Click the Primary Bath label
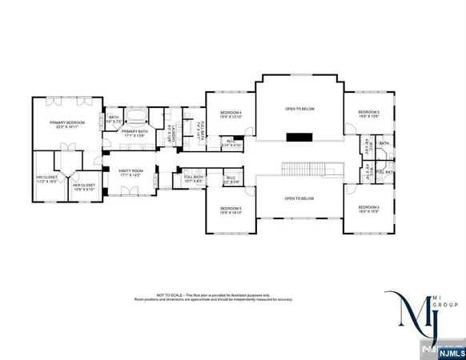pos(135,133)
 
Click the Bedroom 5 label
pos(231,210)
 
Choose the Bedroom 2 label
pos(368,209)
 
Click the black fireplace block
pos(299,137)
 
